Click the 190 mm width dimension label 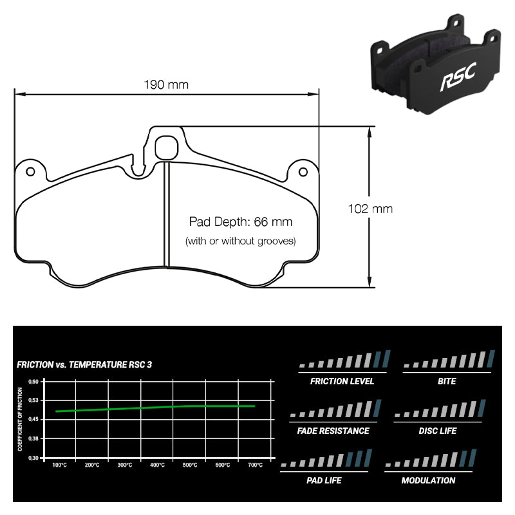click(166, 85)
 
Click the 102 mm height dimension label click(370, 209)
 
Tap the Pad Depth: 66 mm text click(240, 222)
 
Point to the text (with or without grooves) click(240, 241)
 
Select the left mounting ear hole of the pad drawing click(30, 171)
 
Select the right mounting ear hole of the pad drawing click(303, 171)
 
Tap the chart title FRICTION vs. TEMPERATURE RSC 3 click(84, 365)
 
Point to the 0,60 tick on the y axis click(34, 381)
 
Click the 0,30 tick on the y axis click(34, 458)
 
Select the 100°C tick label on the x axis click(59, 465)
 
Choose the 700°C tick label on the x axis click(255, 465)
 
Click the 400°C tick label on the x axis click(157, 465)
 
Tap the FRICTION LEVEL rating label click(342, 381)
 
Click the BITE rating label click(446, 381)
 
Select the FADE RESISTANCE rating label click(333, 431)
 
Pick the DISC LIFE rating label click(438, 431)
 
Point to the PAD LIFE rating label click(324, 480)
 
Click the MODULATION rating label click(428, 480)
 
